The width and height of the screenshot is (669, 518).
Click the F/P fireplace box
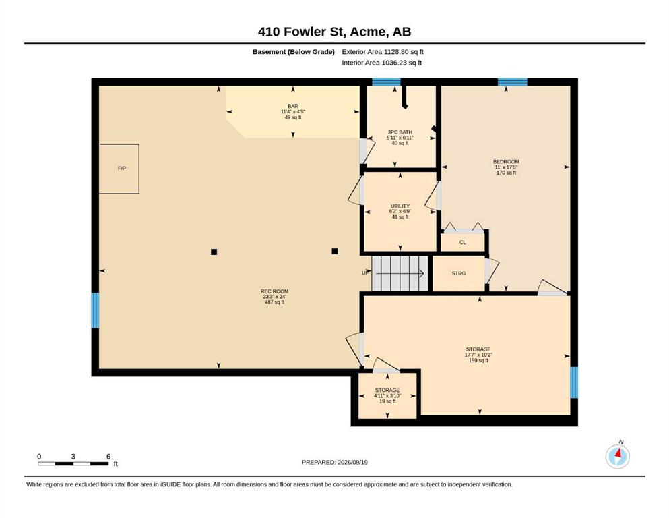click(x=119, y=169)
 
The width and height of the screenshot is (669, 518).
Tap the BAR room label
click(x=292, y=107)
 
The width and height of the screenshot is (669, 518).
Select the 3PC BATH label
click(x=400, y=132)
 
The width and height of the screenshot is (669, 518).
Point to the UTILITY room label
click(x=400, y=206)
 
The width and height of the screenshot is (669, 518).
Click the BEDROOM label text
click(x=506, y=162)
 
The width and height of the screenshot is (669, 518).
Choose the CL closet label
click(x=462, y=243)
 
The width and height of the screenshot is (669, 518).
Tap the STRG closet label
click(x=459, y=273)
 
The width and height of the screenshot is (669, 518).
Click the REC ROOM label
click(x=274, y=291)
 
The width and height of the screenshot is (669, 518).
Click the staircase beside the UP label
click(x=400, y=274)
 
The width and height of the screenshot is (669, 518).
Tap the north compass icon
click(x=617, y=456)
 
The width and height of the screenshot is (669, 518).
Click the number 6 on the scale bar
click(x=108, y=457)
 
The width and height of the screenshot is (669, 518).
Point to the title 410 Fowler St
click(x=302, y=32)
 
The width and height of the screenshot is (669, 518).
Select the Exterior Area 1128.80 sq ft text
click(x=383, y=52)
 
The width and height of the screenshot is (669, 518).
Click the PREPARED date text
click(x=334, y=462)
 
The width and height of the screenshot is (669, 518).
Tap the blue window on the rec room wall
click(x=95, y=310)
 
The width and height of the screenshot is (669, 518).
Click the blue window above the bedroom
click(x=513, y=82)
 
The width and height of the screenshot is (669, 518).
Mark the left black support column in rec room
click(x=214, y=252)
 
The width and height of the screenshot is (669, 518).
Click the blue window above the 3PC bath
click(x=386, y=82)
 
